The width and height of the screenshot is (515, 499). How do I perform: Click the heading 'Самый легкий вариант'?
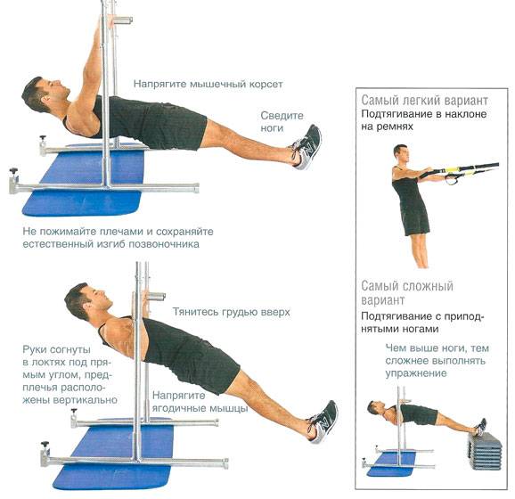pyautogui.click(x=424, y=101)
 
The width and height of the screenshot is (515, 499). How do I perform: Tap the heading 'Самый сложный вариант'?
pyautogui.click(x=407, y=293)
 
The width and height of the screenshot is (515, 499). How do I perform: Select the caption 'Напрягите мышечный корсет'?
pyautogui.click(x=208, y=84)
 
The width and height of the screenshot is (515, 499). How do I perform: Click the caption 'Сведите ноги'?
pyautogui.click(x=282, y=122)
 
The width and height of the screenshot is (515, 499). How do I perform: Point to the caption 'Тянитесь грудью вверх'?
pyautogui.click(x=232, y=312)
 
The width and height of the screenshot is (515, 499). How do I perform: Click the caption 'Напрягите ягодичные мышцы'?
pyautogui.click(x=200, y=402)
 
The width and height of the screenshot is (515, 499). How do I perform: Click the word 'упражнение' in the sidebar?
pyautogui.click(x=416, y=374)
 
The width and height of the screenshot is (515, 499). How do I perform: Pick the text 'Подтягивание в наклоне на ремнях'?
pyautogui.click(x=424, y=120)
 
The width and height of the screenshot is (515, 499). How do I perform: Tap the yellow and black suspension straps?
pyautogui.click(x=466, y=171)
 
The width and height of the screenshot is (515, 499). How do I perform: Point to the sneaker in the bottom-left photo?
pyautogui.click(x=323, y=421)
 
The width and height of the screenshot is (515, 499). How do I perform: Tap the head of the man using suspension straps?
pyautogui.click(x=401, y=153)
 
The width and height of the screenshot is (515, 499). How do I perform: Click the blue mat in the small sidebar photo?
pyautogui.click(x=391, y=464)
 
